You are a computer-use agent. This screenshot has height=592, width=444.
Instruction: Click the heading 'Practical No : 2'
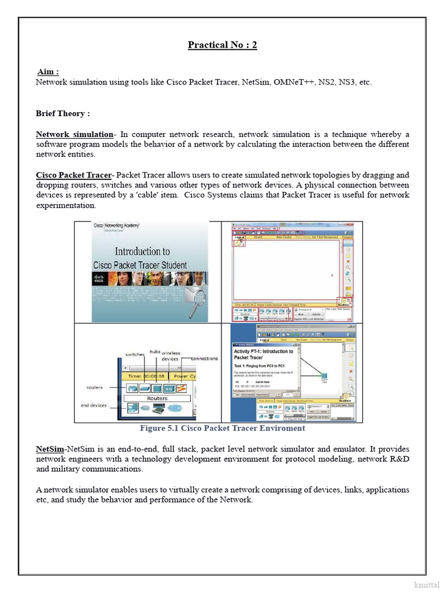click(222, 45)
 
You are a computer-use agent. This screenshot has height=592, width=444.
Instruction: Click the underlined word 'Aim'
click(47, 72)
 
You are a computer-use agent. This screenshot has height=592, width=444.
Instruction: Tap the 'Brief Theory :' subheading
click(62, 113)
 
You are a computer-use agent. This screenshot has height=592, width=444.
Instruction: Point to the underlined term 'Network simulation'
click(75, 134)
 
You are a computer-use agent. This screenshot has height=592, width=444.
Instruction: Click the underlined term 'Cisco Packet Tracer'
click(73, 175)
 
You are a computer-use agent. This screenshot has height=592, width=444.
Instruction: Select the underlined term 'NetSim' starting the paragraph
click(50, 449)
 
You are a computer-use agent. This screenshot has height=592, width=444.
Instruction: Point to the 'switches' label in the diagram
click(135, 354)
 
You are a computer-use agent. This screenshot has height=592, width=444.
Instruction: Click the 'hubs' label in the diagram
click(154, 351)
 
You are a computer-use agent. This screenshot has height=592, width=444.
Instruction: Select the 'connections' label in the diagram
click(204, 358)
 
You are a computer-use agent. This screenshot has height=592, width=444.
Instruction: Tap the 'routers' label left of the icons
click(94, 387)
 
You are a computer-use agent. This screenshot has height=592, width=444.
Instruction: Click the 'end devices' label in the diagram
click(94, 405)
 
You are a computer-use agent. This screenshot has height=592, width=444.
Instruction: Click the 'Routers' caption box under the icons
click(157, 398)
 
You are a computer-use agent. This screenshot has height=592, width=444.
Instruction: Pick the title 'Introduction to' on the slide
click(142, 251)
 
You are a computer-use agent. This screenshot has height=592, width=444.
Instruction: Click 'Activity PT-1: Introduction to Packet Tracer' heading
click(263, 354)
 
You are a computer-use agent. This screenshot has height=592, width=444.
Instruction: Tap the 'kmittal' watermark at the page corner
click(427, 584)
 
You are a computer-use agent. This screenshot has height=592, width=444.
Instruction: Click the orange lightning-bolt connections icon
click(181, 387)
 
